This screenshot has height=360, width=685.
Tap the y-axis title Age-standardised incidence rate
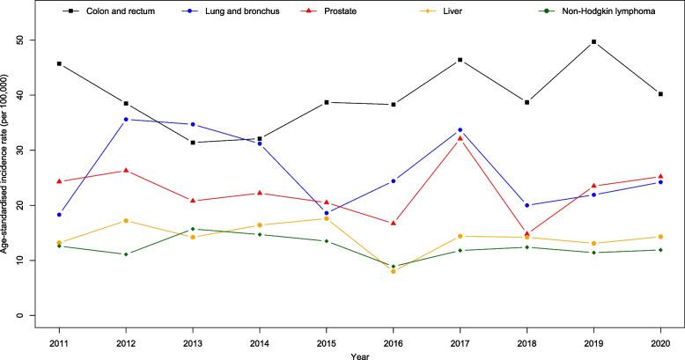[x=7, y=177]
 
